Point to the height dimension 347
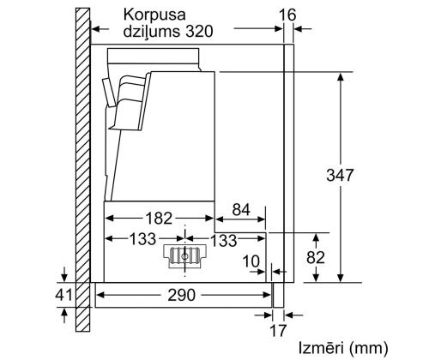(x=341, y=175)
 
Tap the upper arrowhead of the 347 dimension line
(x=341, y=76)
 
